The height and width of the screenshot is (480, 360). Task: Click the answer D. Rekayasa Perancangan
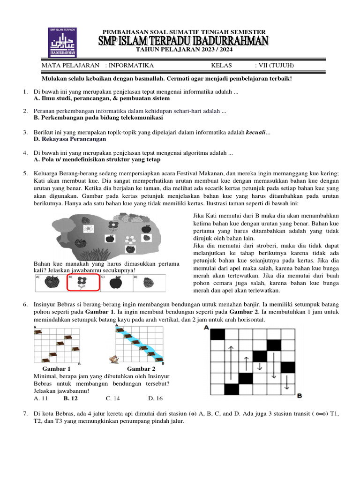coord(70,139)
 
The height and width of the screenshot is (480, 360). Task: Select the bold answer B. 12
coord(71,398)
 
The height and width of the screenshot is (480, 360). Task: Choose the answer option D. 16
coord(155,398)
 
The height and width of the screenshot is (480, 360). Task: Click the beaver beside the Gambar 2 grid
coord(112,360)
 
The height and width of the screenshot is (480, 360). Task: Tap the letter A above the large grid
coord(207,328)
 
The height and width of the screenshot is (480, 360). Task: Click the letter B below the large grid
coord(299,396)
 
